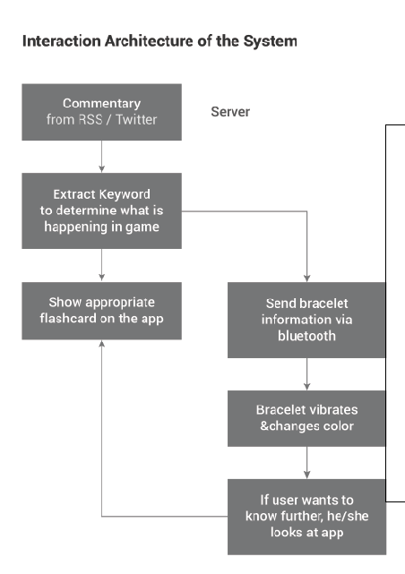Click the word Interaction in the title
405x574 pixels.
pos(62,41)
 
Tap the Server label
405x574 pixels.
pos(230,112)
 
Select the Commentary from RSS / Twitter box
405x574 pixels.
pos(102,112)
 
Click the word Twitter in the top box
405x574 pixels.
pos(136,120)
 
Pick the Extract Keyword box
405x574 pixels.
pos(102,210)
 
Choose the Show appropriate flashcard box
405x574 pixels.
pos(102,311)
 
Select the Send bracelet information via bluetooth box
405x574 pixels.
pos(306,320)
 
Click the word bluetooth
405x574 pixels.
pos(306,336)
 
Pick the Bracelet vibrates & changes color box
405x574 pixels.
pos(306,418)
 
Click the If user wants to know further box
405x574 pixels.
pos(306,517)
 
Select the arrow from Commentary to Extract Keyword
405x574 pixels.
pos(102,157)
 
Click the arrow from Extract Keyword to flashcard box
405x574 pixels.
pos(102,265)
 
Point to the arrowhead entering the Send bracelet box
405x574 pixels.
pos(306,278)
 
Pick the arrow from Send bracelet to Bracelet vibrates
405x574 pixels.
pos(306,373)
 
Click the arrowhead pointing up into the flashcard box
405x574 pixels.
pos(102,343)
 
